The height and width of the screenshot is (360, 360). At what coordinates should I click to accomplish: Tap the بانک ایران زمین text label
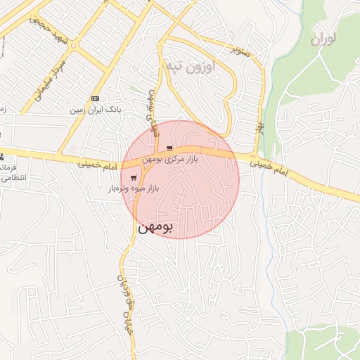(x=96, y=110)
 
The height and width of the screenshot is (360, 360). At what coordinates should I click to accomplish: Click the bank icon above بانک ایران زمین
(x=96, y=98)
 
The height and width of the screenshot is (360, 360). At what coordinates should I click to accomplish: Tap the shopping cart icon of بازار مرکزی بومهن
(x=169, y=148)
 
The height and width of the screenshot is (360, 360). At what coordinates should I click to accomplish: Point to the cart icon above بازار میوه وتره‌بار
(x=134, y=177)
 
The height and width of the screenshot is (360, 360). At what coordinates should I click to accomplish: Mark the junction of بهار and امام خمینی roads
(x=255, y=155)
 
